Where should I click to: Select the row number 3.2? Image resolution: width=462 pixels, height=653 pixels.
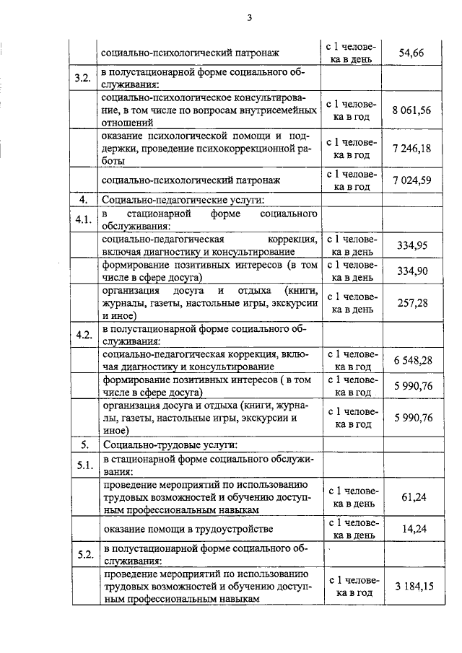pyautogui.click(x=83, y=78)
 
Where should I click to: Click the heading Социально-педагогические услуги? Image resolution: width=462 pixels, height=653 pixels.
pyautogui.click(x=183, y=200)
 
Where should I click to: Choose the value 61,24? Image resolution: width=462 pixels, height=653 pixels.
pyautogui.click(x=414, y=496)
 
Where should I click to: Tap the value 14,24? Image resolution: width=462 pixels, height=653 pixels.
pyautogui.click(x=414, y=529)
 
